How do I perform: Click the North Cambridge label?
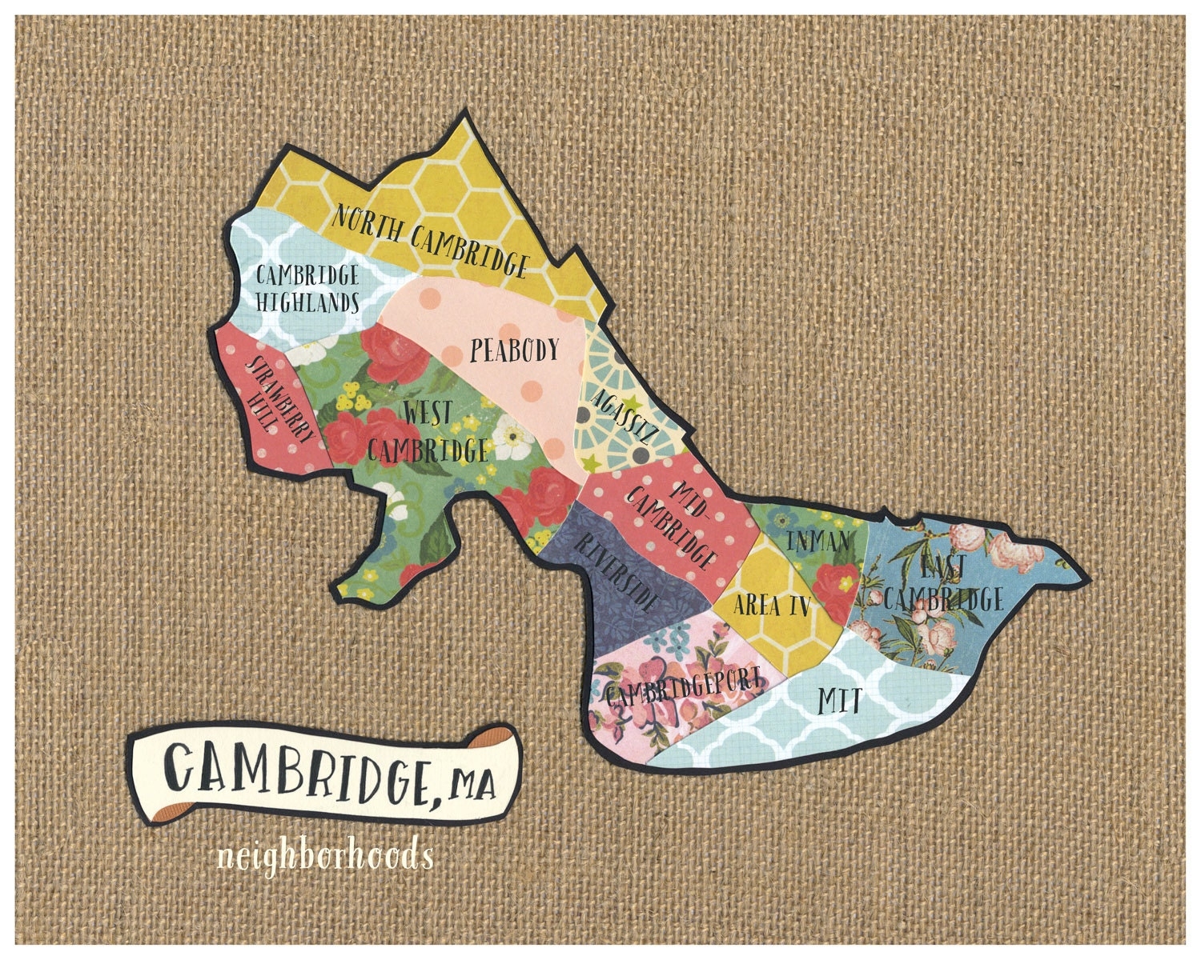click(x=430, y=239)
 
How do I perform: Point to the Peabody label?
click(x=514, y=350)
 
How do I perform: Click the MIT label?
click(x=839, y=702)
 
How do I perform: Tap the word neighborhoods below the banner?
click(x=325, y=856)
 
